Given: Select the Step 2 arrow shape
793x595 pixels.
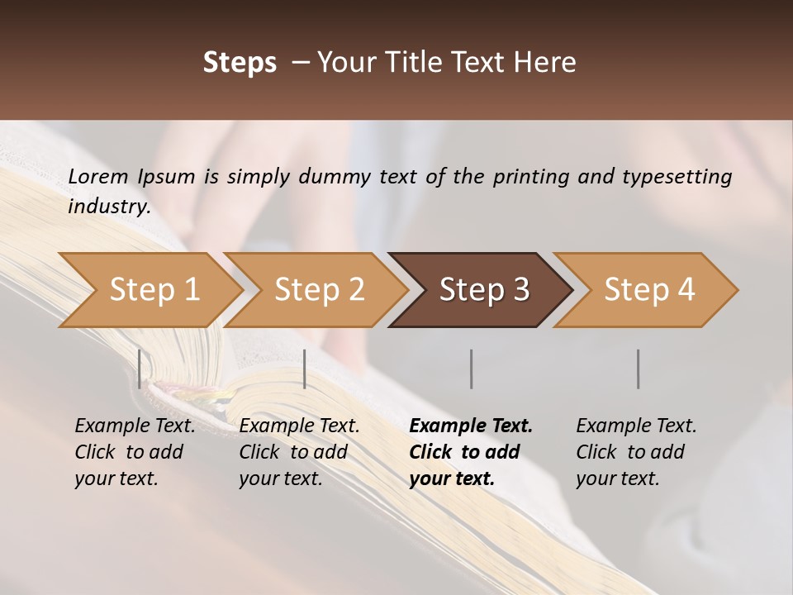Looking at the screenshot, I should pyautogui.click(x=317, y=290).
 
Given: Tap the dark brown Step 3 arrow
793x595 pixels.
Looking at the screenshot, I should pyautogui.click(x=482, y=290).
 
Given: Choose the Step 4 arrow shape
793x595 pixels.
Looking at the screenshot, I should pyautogui.click(x=648, y=290).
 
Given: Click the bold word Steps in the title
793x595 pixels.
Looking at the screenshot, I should pyautogui.click(x=240, y=63).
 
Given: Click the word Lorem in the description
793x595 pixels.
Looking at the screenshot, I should pyautogui.click(x=97, y=177).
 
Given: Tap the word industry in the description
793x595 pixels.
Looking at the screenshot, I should pyautogui.click(x=108, y=207).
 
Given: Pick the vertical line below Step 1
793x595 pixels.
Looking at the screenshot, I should pyautogui.click(x=140, y=369).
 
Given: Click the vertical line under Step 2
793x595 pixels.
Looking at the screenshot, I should pyautogui.click(x=306, y=369).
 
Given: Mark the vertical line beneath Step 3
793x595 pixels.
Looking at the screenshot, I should pyautogui.click(x=472, y=369).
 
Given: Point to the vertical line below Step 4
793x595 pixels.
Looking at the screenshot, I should pyautogui.click(x=639, y=369).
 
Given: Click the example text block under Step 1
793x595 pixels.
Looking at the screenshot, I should pyautogui.click(x=135, y=452).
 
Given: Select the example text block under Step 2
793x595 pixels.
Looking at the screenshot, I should pyautogui.click(x=299, y=452).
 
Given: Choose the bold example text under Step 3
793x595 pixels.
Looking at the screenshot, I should pyautogui.click(x=471, y=452).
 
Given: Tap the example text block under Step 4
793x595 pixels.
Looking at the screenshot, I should pyautogui.click(x=636, y=452).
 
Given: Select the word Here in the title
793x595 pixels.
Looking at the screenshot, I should pyautogui.click(x=548, y=63).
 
